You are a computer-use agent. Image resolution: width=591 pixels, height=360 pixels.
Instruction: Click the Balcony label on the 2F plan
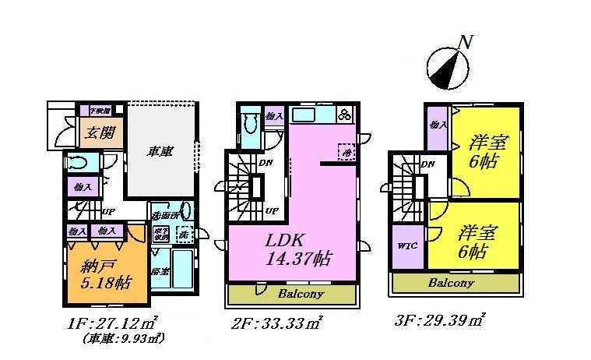coord(300,294)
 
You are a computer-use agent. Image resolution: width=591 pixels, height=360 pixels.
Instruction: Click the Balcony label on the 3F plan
coord(451,284)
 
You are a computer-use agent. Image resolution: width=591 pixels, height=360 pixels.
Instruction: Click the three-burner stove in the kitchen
coord(343,115)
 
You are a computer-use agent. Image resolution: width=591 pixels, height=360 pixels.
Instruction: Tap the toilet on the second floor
coord(249,125)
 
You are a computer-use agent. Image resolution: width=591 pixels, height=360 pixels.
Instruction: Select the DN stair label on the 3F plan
coord(427,164)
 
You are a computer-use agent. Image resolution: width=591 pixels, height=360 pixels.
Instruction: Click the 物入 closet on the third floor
coord(437,125)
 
